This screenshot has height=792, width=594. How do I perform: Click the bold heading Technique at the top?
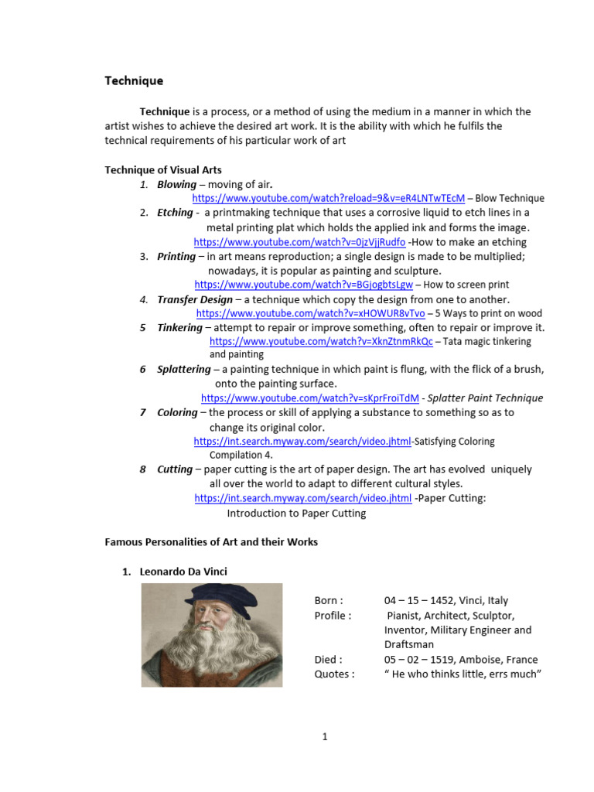tap(134, 80)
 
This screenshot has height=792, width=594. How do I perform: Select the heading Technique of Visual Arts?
tap(163, 170)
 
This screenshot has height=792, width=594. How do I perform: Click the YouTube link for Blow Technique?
tap(328, 198)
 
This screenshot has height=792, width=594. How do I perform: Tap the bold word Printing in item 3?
tap(176, 256)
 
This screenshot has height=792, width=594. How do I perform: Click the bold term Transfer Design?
tap(194, 299)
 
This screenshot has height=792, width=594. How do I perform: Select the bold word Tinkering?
tap(179, 328)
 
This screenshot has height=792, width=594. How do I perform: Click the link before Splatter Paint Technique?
tap(310, 398)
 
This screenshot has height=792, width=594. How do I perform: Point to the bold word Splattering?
tap(183, 370)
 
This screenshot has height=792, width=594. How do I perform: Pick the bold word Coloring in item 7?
tap(177, 412)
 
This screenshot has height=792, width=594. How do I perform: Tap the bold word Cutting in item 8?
tap(174, 469)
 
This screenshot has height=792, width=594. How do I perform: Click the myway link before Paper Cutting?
tap(302, 499)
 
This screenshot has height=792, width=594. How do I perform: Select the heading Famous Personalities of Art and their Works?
tap(211, 542)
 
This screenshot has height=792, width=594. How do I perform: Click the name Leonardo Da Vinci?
tap(183, 572)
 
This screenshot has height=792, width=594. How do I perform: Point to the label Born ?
tap(329, 600)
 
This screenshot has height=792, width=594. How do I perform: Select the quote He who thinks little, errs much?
tap(462, 674)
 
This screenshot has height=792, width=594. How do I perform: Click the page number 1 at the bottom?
tap(326, 736)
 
